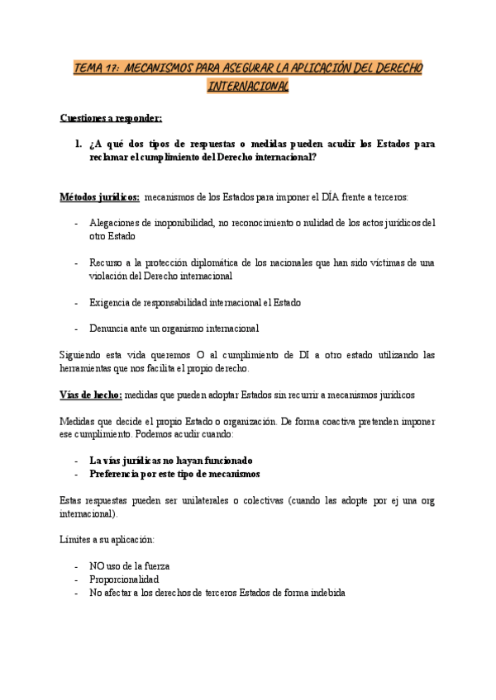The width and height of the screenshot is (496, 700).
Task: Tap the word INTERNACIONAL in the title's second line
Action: (248, 86)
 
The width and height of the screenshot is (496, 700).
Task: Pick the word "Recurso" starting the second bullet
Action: (107, 262)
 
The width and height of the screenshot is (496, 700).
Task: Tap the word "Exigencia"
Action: (112, 302)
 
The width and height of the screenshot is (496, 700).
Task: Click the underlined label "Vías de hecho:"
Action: (91, 395)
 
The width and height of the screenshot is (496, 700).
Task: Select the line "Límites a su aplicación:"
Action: (107, 540)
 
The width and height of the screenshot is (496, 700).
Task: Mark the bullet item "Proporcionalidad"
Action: (124, 579)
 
